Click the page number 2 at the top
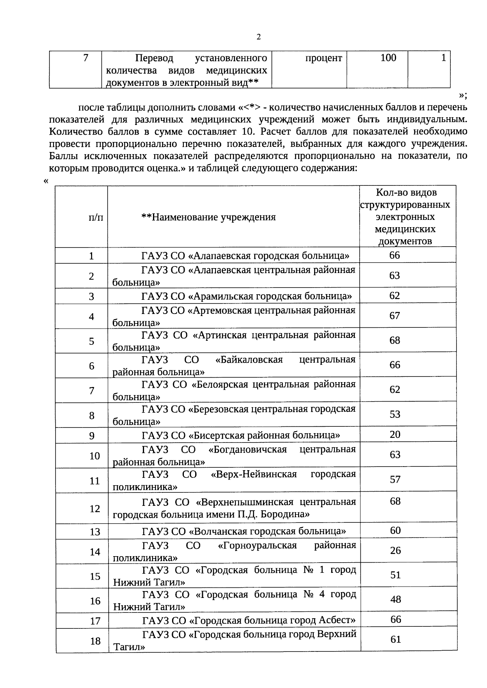tap(259, 37)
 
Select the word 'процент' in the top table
tap(323, 58)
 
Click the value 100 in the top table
tap(388, 58)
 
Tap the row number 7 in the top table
tap(86, 58)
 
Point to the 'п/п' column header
tap(96, 217)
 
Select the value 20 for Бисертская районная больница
tap(395, 434)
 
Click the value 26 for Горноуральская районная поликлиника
tap(395, 550)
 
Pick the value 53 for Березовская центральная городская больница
tap(395, 414)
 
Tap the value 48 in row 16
tap(396, 599)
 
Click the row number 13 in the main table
tap(95, 532)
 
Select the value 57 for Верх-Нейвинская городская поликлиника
tap(395, 479)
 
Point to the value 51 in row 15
tap(396, 575)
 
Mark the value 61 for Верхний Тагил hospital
tap(396, 639)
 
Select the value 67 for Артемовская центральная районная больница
tap(395, 316)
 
